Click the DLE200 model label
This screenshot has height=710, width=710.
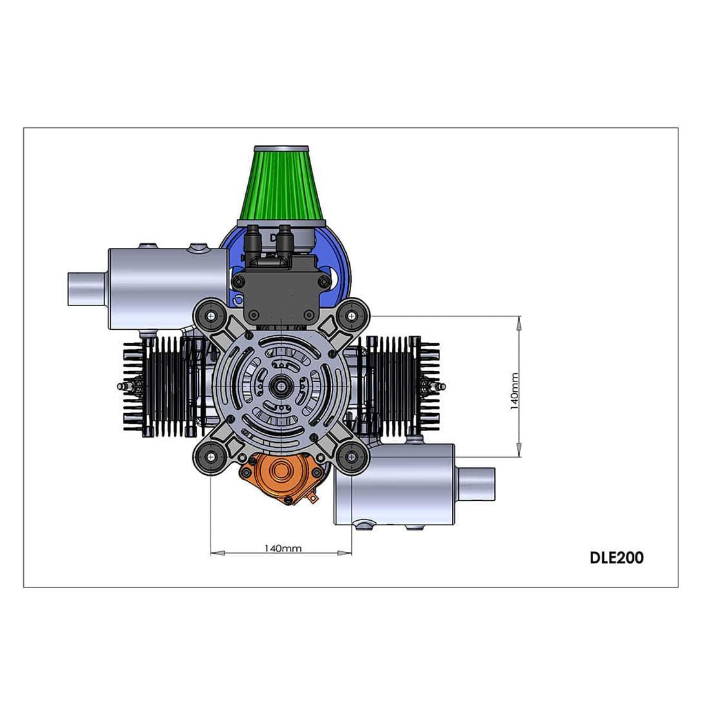click(616, 558)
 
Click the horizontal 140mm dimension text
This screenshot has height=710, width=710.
click(283, 549)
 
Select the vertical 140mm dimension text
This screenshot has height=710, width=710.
click(514, 391)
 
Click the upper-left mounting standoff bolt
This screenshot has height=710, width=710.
click(211, 316)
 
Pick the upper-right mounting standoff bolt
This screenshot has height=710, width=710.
click(352, 316)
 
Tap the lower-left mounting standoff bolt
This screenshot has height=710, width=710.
click(211, 457)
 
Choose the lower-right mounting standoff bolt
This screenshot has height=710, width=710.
click(352, 457)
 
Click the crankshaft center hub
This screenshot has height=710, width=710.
click(281, 386)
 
